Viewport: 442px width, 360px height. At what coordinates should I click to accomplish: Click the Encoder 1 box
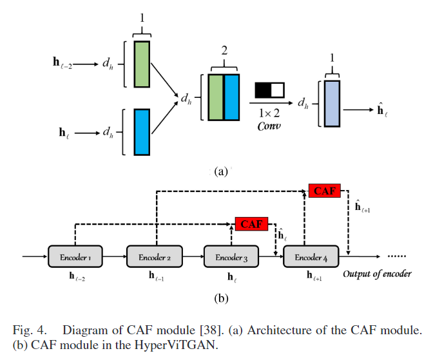point(75,258)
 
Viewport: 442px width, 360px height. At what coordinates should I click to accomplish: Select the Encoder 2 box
point(154,258)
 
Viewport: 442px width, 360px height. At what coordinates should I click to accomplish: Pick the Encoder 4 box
point(310,258)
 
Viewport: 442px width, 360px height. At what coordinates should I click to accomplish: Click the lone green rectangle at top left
point(142,64)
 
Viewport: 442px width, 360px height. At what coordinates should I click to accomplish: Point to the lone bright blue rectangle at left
point(142,132)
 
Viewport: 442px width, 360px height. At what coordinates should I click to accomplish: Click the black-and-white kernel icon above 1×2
point(269,90)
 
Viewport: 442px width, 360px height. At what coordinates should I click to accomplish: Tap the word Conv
point(269,126)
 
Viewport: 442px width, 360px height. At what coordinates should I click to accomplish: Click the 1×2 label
point(269,113)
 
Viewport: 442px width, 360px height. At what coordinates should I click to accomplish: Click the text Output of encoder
point(377,274)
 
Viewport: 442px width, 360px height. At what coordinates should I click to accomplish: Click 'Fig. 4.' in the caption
point(35,330)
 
